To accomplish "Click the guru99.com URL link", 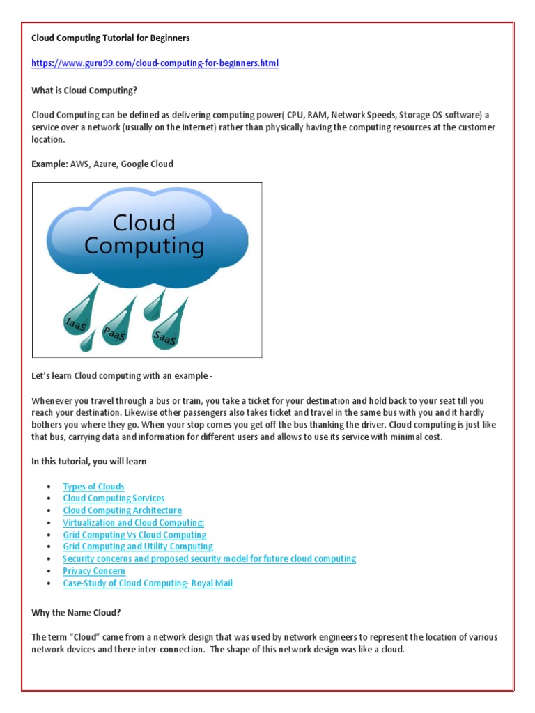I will pos(155,63).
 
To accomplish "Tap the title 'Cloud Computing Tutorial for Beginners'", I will pos(111,38).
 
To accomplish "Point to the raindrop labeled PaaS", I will pos(115,324).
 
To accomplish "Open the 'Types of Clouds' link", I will pos(93,487).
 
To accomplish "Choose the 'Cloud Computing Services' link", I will pos(114,499).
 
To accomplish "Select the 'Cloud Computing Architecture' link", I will pos(122,510).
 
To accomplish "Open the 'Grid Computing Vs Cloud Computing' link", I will pos(134,535).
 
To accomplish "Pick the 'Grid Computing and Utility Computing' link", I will pos(138,547).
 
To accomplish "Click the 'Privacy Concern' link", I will pos(94,571).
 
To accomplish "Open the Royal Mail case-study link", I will pos(147,583).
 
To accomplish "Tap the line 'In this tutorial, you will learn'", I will pos(89,462).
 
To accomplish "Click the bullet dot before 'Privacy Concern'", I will pos(48,572).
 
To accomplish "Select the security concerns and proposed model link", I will pos(209,558).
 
